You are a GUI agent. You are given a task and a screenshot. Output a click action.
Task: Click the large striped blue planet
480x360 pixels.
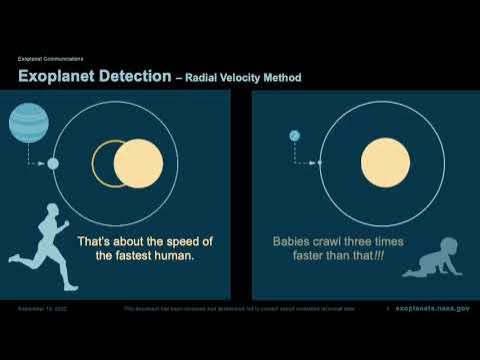(x=27, y=125)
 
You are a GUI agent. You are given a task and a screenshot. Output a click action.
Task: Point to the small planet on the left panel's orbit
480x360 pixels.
(x=53, y=163)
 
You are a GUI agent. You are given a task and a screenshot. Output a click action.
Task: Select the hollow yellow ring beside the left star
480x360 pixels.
(x=104, y=163)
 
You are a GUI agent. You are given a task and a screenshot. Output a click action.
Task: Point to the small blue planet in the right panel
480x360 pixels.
(x=295, y=135)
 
